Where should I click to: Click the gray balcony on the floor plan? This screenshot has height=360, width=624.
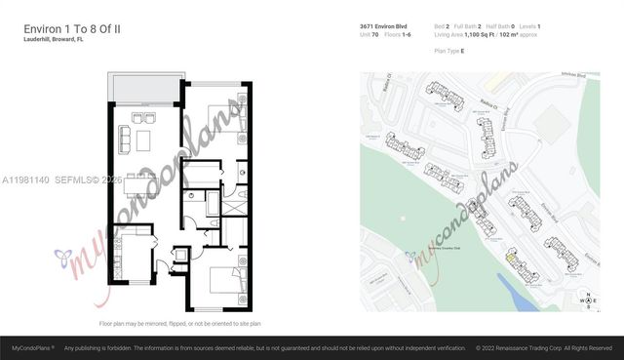[x=144, y=88]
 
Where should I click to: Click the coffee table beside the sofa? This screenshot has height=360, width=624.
[x=143, y=140]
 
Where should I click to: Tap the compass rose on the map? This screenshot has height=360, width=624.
[x=588, y=300]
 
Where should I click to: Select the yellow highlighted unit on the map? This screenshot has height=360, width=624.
[x=511, y=257]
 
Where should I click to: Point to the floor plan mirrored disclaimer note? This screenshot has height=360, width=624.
[x=179, y=323]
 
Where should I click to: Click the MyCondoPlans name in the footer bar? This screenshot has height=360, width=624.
[x=32, y=347]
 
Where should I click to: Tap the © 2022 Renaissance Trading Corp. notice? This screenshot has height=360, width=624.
[x=543, y=347]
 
